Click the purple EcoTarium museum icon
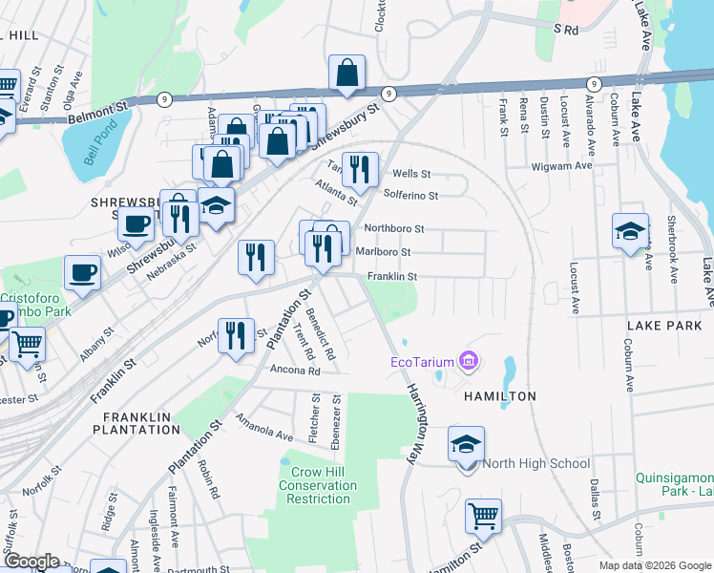pos(469,361)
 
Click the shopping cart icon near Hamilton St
pos(484,517)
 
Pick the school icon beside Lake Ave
pos(630,232)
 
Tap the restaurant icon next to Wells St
pos(360,170)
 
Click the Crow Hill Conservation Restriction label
pos(318,485)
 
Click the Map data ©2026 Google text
pos(655,565)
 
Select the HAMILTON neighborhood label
pos(499,395)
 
